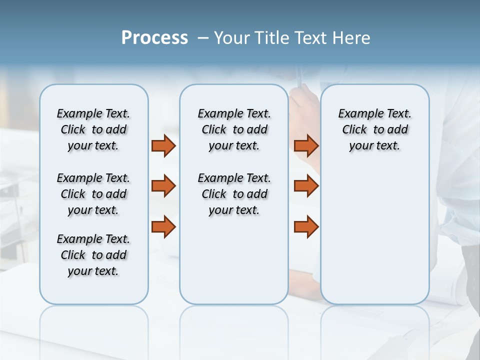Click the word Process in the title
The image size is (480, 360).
click(154, 38)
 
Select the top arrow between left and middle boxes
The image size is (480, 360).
click(163, 145)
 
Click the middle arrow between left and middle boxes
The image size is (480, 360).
click(163, 186)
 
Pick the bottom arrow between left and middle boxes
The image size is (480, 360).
click(163, 226)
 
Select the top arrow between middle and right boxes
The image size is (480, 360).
click(306, 145)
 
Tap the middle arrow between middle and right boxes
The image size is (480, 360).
click(306, 186)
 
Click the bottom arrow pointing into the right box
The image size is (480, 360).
click(306, 226)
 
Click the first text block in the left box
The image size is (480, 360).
click(93, 129)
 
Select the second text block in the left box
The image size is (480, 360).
click(93, 194)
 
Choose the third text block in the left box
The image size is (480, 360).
click(93, 255)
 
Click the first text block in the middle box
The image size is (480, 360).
click(234, 129)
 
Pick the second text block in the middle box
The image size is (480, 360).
click(234, 194)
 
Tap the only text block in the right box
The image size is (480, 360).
click(374, 129)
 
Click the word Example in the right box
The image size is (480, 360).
click(356, 114)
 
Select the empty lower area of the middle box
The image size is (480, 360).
click(234, 260)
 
